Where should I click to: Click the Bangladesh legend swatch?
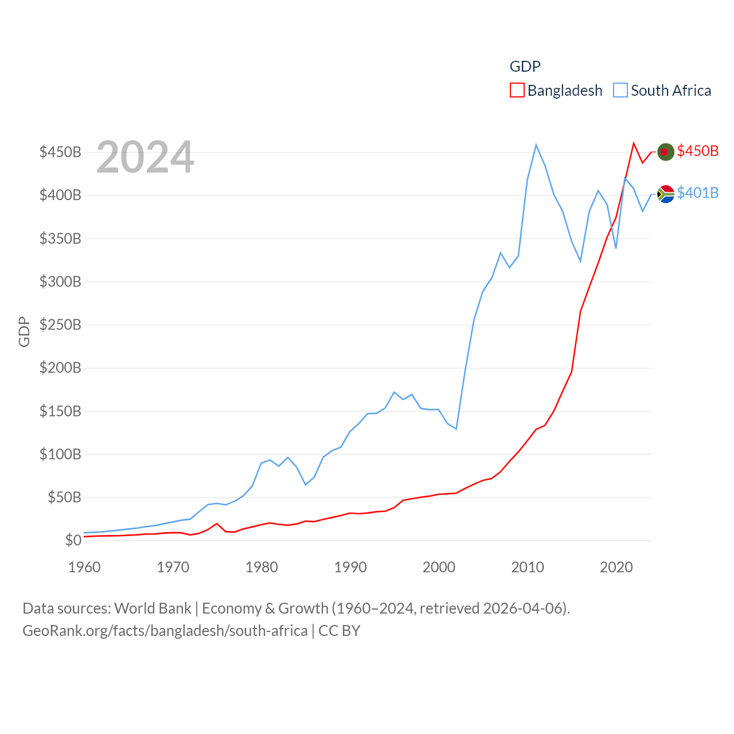(x=517, y=91)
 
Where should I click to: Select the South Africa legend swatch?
(x=620, y=91)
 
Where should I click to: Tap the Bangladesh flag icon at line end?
(x=665, y=151)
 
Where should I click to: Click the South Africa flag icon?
(x=665, y=194)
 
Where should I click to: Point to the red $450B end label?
(x=697, y=151)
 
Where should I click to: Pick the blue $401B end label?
(x=697, y=193)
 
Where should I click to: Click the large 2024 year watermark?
(x=145, y=157)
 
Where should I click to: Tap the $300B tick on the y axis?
(x=60, y=282)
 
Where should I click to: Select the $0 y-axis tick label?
(x=73, y=540)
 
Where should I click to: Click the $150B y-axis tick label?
(x=60, y=411)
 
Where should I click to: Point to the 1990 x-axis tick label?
(x=350, y=567)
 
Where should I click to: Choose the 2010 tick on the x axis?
(x=527, y=567)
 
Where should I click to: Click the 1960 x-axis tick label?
(x=84, y=567)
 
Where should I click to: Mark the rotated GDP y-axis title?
(x=24, y=331)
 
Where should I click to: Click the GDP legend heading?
(x=525, y=67)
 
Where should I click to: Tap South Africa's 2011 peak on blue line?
(x=536, y=145)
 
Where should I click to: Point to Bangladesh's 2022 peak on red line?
(x=634, y=143)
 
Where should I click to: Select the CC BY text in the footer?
(x=339, y=631)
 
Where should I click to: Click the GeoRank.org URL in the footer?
(x=165, y=631)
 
